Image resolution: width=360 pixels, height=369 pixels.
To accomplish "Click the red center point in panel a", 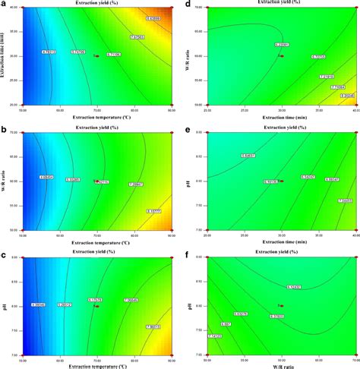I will click(96, 56).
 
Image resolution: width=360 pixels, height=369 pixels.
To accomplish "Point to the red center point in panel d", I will click(280, 55).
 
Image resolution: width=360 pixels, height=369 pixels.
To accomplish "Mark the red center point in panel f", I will click(280, 306).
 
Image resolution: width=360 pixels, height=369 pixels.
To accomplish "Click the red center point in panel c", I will click(96, 306).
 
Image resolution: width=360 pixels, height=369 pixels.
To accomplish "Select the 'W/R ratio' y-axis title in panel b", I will click(5, 181).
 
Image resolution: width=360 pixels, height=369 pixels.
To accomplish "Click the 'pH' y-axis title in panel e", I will click(190, 181).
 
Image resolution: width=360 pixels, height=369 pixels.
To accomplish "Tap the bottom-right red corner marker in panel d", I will click(357, 105).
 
